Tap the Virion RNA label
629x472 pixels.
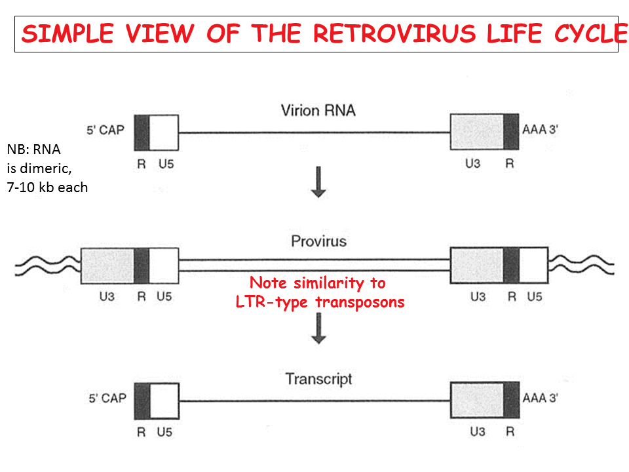coord(318,110)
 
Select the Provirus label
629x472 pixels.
coord(318,241)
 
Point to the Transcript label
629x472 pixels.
coord(318,378)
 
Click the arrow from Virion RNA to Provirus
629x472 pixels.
coord(318,182)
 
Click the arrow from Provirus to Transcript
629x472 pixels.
coord(318,328)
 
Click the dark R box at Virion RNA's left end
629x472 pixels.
coord(142,132)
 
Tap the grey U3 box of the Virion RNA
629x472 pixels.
coord(477,132)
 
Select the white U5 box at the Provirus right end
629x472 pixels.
coord(535,265)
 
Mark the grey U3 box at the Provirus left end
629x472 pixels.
coord(107,266)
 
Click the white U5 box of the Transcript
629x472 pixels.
coord(164,401)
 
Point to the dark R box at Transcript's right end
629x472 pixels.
coord(511,401)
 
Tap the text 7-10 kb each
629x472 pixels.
coord(47,187)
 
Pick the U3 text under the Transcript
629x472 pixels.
coord(472,433)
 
